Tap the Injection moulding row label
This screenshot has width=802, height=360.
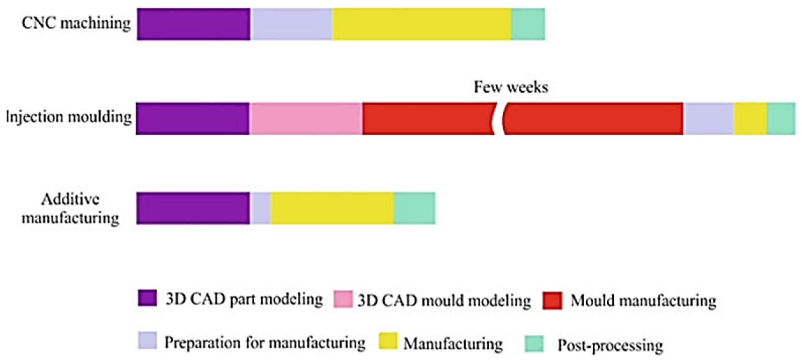pos(69,117)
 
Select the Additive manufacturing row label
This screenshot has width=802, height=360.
pos(70,209)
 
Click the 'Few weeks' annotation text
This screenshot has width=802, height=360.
pos(511,87)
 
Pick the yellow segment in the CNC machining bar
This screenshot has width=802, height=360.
pos(421,24)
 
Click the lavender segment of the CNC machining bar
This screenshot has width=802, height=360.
pos(292,24)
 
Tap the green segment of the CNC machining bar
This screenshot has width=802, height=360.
pos(528,24)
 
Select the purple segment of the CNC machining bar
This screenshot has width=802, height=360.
pos(193,24)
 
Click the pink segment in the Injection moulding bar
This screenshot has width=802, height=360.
pos(306,118)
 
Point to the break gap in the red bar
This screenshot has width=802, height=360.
pos(499,118)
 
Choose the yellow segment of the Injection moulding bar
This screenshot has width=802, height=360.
pos(750,118)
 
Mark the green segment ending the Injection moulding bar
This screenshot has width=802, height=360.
pos(781,118)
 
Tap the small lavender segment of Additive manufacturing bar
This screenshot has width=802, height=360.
pos(260,208)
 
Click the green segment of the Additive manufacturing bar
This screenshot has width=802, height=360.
pos(414,208)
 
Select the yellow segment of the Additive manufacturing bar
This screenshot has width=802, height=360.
pos(332,208)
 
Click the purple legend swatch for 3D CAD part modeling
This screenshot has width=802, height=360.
pos(147,298)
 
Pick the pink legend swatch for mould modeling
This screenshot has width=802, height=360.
pos(343,299)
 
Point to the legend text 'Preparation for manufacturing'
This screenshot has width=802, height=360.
pos(265,343)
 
